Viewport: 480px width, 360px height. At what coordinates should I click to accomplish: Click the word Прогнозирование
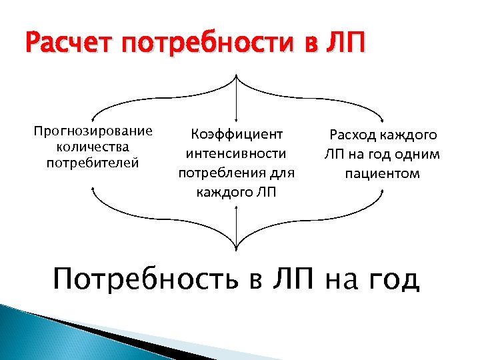coord(93,131)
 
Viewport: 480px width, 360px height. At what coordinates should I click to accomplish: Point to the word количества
coord(93,147)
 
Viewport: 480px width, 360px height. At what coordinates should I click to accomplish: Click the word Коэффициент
coord(237,135)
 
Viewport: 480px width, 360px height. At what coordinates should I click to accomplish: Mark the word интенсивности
coord(237,154)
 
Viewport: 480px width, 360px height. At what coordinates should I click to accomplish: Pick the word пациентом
coord(382,174)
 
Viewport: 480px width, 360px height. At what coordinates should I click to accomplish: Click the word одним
coord(419,155)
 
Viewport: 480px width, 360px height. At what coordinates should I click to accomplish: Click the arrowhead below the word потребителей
coord(92,189)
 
